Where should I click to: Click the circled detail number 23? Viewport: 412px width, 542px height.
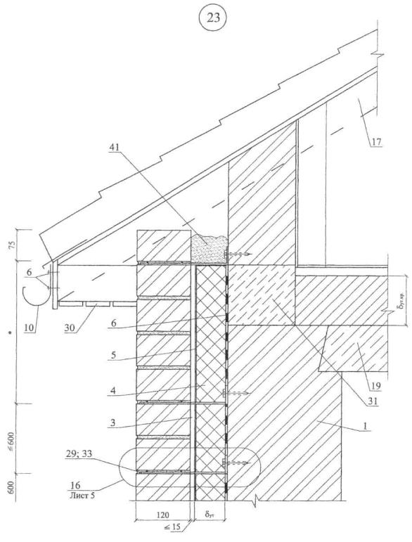coord(213,18)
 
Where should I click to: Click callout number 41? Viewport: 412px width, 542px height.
coord(114,147)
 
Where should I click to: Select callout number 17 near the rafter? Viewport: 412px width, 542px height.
coord(376,142)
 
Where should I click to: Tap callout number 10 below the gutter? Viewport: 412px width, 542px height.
coord(30,328)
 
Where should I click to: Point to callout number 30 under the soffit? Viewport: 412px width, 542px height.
coord(70,328)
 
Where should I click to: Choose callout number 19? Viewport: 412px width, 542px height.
coord(376,386)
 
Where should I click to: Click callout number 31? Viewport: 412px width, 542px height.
coord(371,401)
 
